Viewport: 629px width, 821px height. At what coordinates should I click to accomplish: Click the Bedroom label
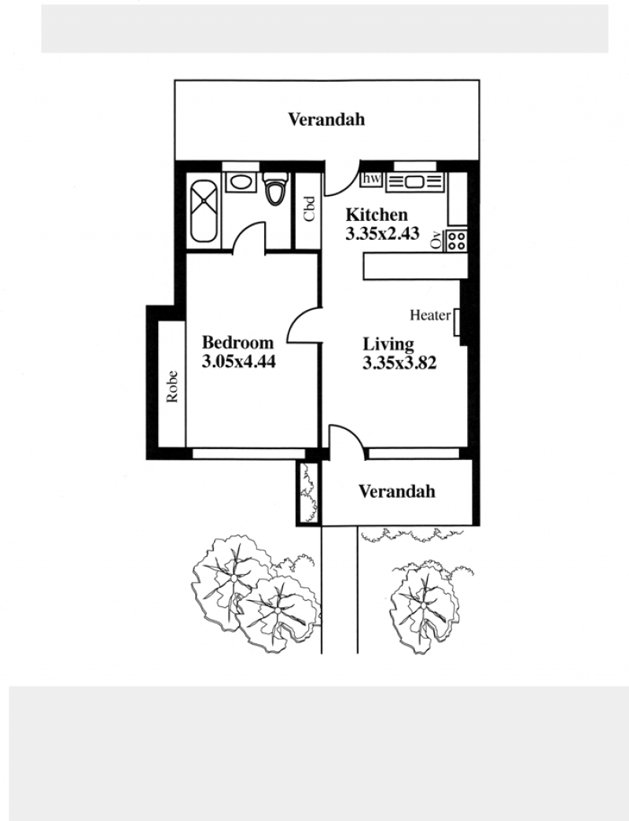237,342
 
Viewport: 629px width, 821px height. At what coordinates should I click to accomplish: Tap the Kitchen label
377,215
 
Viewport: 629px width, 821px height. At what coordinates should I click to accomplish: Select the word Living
388,344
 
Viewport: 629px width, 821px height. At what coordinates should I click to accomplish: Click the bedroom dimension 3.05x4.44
238,362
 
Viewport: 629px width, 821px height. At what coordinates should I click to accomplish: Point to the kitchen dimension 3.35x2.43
382,234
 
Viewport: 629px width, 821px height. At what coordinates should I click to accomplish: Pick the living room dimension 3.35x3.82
399,363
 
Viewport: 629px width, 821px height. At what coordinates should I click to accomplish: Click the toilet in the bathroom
276,189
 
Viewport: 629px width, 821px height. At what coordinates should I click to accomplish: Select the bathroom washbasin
241,182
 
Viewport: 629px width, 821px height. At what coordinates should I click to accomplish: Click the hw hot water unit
372,179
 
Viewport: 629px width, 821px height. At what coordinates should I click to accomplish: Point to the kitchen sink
414,182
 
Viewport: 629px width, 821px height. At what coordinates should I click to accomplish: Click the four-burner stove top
456,241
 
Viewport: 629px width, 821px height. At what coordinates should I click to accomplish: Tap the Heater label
430,315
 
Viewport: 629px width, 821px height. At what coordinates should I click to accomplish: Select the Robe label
172,386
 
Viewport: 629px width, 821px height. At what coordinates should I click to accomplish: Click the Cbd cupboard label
309,208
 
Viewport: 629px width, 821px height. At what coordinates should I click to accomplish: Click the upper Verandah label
326,120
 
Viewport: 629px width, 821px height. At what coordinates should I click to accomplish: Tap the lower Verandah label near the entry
396,491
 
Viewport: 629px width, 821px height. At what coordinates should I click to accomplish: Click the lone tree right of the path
425,607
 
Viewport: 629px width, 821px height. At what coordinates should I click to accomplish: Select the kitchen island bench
415,267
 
